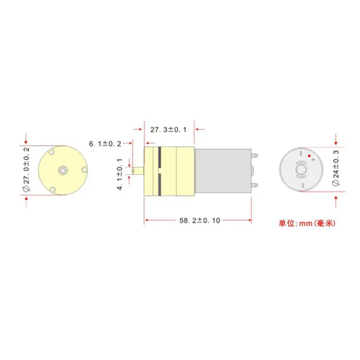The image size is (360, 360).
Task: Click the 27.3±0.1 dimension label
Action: (168, 130)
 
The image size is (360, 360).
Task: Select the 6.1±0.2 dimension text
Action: (105, 144)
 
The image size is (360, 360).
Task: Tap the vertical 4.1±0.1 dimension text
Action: (120, 174)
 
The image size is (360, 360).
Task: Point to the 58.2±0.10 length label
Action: (199, 220)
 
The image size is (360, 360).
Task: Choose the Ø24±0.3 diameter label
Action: (336, 168)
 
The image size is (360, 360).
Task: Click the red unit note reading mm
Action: (306, 223)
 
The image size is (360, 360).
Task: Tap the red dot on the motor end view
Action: (309, 156)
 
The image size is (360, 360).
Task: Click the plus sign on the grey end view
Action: (314, 159)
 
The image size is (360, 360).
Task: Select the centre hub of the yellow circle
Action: (62, 170)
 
